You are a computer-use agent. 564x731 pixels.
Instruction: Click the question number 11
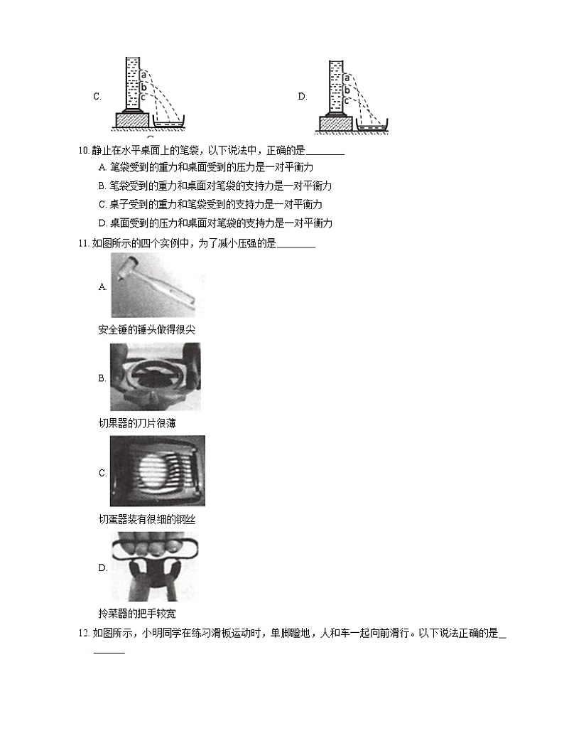point(85,243)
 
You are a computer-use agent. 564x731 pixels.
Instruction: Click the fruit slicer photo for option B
point(155,376)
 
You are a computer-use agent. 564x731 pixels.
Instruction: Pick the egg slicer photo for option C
point(157,470)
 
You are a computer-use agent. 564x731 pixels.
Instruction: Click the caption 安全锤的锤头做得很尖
point(146,329)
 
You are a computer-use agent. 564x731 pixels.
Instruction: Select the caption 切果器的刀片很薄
point(136,423)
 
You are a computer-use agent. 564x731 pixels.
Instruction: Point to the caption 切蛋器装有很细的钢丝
point(146,519)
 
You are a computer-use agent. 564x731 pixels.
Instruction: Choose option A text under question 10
point(207,168)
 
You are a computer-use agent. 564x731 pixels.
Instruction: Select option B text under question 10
point(216,186)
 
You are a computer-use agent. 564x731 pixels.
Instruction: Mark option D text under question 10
point(216,223)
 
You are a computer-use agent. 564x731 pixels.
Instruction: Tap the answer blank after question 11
point(295,245)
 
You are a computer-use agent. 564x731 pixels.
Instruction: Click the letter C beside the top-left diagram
point(97,97)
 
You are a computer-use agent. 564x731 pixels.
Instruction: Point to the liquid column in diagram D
point(337,84)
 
